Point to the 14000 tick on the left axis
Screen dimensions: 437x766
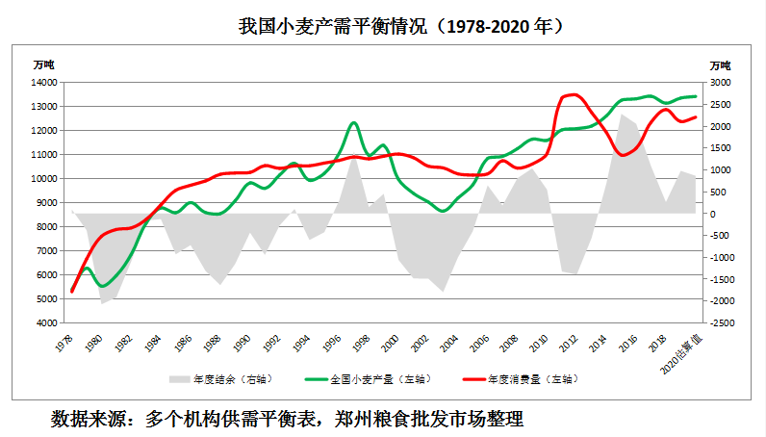pos(43,83)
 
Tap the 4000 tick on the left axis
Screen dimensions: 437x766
pos(46,323)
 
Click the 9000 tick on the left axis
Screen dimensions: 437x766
pos(46,203)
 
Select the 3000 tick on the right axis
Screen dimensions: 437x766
pos(722,83)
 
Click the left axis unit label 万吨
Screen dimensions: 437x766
pos(44,64)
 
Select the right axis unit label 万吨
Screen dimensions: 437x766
pos(721,64)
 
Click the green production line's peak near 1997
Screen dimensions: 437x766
pos(353,122)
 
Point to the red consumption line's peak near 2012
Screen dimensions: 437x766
pos(574,94)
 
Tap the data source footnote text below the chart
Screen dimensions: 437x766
pos(287,420)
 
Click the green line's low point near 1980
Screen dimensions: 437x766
pos(102,286)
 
